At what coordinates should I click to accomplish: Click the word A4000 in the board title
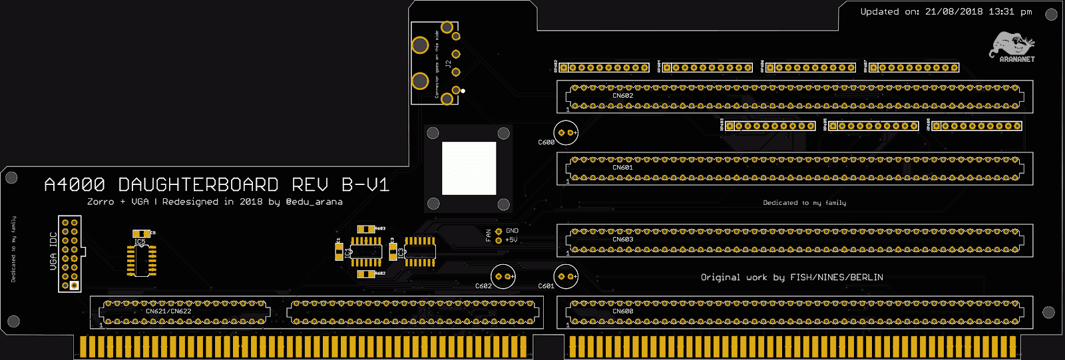(x=75, y=184)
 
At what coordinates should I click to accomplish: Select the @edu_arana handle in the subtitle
(x=314, y=202)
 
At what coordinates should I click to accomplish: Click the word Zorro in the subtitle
(x=101, y=202)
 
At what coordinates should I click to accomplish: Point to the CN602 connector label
(x=623, y=96)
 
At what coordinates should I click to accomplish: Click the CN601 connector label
(x=623, y=168)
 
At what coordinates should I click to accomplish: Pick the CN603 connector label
(x=623, y=240)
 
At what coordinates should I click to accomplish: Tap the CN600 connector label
(x=623, y=311)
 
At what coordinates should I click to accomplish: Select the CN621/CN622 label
(x=168, y=311)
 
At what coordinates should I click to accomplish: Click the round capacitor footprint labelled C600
(x=566, y=133)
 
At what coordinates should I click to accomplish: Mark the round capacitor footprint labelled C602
(x=503, y=276)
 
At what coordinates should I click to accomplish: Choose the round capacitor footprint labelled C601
(x=566, y=276)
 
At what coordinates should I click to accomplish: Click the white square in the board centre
(x=469, y=168)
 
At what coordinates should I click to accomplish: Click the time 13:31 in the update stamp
(x=1002, y=11)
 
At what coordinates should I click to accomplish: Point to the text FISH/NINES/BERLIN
(x=837, y=277)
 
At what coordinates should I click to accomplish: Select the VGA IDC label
(x=53, y=252)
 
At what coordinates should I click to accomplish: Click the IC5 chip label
(x=139, y=242)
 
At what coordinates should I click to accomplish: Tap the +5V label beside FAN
(x=511, y=240)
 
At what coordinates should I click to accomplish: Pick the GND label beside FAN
(x=512, y=231)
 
